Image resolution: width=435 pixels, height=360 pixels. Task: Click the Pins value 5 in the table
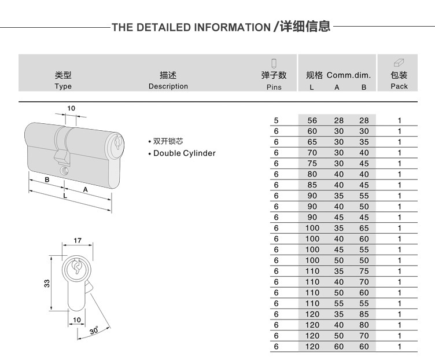277,120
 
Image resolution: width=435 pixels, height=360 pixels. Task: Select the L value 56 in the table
312,120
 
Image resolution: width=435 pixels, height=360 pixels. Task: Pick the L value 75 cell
312,163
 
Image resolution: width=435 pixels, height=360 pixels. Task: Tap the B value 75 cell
364,271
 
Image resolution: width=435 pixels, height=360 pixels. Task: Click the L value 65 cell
312,142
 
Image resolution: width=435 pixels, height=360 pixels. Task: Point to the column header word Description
168,86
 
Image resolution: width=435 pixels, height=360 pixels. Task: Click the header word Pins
274,87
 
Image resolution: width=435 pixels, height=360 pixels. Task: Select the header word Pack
399,86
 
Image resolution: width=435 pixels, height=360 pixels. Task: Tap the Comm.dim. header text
348,75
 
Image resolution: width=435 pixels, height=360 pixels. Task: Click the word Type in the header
63,86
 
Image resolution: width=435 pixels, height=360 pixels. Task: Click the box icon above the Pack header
399,62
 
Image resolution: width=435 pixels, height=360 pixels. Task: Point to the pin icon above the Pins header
274,62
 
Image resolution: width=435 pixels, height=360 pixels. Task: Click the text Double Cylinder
184,153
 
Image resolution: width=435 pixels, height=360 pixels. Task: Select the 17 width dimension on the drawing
78,241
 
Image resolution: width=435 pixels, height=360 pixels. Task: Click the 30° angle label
94,330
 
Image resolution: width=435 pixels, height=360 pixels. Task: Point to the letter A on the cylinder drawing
85,189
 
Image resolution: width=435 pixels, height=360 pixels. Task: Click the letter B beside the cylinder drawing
47,179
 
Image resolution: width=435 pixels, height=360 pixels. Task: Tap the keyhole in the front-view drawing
77,267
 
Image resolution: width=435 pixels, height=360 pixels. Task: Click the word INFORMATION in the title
231,27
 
